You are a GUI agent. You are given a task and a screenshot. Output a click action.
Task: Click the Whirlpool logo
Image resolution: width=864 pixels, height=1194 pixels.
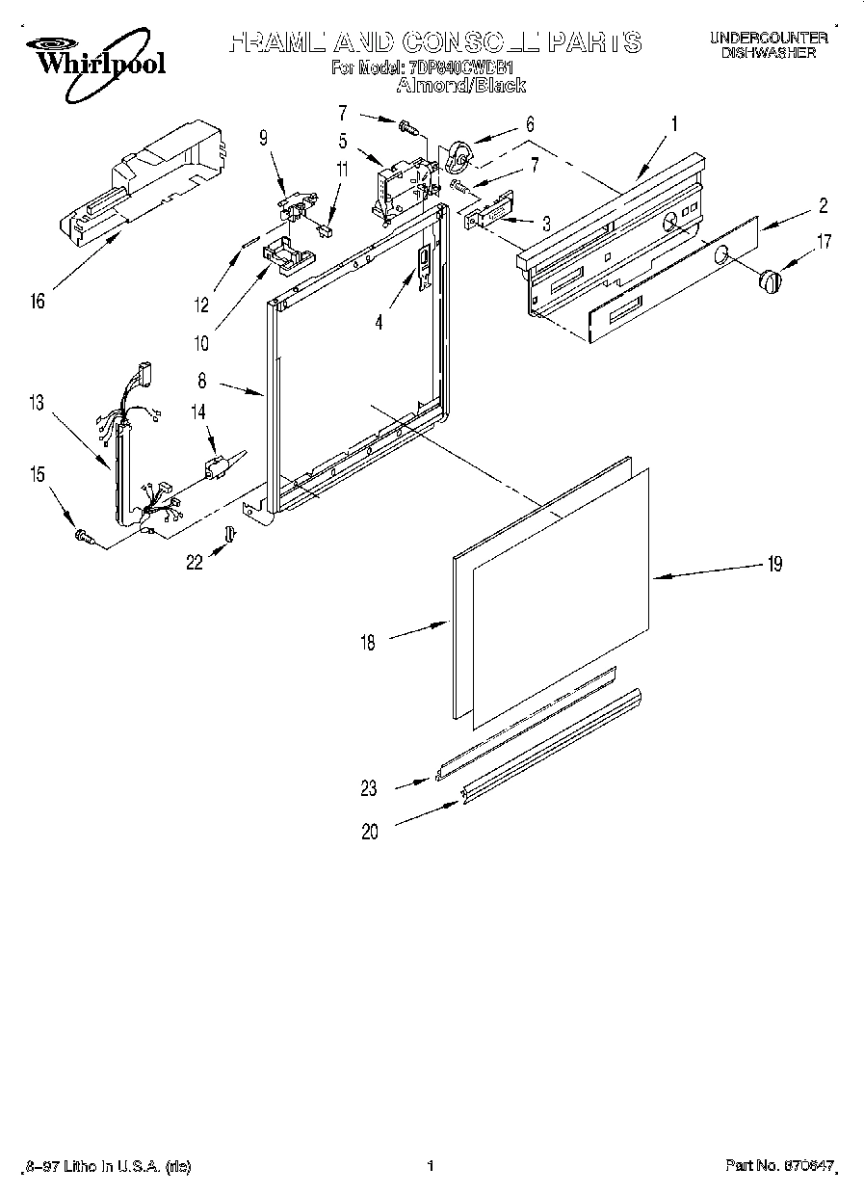click(x=94, y=58)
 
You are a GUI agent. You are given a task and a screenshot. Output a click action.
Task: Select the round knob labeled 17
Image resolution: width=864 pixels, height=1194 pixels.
click(x=769, y=280)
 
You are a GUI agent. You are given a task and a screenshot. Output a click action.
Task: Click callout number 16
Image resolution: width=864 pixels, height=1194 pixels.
click(x=38, y=303)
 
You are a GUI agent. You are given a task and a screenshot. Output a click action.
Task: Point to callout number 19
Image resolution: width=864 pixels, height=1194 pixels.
click(x=773, y=565)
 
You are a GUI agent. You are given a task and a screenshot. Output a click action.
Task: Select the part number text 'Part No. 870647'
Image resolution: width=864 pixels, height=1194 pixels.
click(x=778, y=1166)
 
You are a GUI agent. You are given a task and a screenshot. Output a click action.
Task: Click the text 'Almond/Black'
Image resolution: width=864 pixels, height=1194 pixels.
click(x=460, y=86)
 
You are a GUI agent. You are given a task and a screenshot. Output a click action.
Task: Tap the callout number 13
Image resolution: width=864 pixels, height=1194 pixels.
click(x=37, y=404)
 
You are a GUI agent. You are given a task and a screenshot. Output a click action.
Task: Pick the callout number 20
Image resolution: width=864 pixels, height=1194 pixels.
click(x=370, y=832)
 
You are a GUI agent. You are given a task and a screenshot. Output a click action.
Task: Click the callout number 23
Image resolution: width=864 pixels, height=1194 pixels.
click(x=370, y=788)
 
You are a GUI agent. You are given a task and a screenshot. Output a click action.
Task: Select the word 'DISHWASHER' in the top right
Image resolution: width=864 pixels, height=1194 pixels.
click(x=768, y=53)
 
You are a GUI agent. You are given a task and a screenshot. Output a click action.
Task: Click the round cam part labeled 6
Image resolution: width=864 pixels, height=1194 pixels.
click(x=459, y=153)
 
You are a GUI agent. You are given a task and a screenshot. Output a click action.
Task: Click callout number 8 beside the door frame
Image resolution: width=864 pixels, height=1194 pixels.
click(x=202, y=382)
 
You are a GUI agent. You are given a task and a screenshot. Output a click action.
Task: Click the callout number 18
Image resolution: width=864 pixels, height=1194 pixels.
click(x=370, y=641)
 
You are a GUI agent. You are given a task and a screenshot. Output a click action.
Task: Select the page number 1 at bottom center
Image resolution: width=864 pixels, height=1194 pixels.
click(x=431, y=1166)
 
